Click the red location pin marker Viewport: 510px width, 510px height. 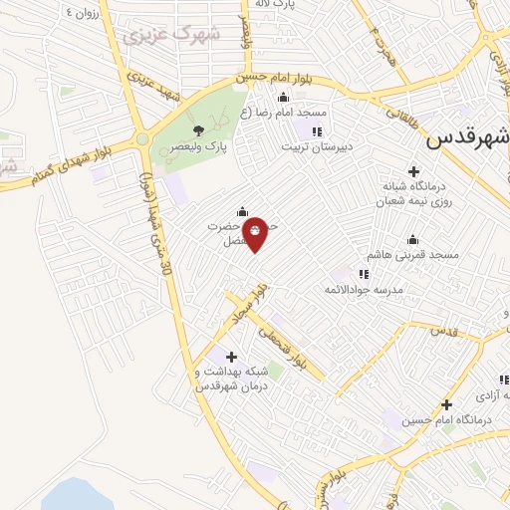[256, 232]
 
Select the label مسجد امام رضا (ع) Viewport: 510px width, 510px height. [298, 113]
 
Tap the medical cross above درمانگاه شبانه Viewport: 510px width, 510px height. [414, 171]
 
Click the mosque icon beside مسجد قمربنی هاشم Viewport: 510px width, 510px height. [413, 239]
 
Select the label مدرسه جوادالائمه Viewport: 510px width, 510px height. [363, 289]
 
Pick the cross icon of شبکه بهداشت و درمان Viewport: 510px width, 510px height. [231, 356]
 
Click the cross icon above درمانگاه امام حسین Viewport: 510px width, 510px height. [446, 404]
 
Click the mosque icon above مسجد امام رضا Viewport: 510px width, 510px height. [283, 97]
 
